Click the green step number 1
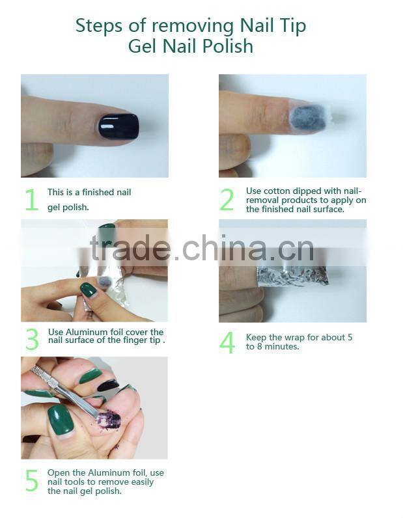[x=31, y=200]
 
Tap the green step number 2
[x=227, y=200]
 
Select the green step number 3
[x=32, y=340]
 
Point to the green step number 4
[x=227, y=342]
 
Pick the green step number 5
[x=32, y=481]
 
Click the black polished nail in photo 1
[x=118, y=126]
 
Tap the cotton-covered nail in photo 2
[x=307, y=118]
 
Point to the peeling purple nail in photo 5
[x=109, y=420]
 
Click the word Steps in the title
[x=98, y=26]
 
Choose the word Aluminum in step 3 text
[x=83, y=333]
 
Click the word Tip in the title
[x=291, y=26]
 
